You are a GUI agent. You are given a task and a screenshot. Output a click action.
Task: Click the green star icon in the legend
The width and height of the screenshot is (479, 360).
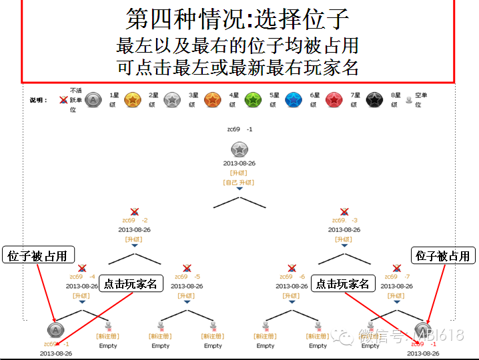point(253,100)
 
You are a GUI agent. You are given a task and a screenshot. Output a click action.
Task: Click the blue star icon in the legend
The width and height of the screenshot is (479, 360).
point(294,100)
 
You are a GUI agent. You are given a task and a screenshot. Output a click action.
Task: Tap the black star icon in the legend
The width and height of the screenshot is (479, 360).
point(374,100)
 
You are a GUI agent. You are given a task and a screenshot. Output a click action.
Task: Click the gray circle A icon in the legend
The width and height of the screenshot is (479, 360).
point(93,100)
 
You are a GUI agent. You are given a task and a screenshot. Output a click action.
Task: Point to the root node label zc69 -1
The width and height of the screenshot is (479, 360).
point(238,129)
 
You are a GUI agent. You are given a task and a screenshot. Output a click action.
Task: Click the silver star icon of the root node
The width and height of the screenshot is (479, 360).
point(239,149)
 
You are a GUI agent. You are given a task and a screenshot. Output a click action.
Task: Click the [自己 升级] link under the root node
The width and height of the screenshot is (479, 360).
point(238,182)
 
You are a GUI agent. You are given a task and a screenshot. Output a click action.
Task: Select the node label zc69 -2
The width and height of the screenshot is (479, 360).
point(134,220)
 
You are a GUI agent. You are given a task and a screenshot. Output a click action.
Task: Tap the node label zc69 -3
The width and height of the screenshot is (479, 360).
point(344,220)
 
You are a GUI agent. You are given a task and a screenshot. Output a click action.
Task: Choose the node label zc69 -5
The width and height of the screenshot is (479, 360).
point(187,277)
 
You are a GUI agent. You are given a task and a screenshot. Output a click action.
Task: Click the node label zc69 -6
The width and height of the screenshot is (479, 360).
point(292,277)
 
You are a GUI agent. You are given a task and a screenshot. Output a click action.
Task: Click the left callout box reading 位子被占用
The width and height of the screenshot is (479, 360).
point(39,255)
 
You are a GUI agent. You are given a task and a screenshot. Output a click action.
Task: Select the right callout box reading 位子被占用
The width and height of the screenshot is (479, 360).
point(442,255)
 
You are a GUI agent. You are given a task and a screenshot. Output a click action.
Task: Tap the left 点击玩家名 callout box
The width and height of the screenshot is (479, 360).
point(131,283)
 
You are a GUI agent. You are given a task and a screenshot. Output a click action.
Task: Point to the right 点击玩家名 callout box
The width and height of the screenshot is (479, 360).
point(343,283)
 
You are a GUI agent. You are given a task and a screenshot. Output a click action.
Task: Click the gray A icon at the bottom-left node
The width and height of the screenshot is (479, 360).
point(57,330)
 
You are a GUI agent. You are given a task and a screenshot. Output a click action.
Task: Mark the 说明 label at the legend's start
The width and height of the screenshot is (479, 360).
point(39,100)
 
